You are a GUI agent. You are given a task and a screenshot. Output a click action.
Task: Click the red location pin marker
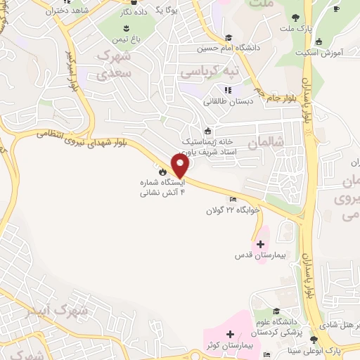pyautogui.click(x=181, y=166)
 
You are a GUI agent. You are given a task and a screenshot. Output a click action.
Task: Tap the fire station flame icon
pyautogui.click(x=163, y=171)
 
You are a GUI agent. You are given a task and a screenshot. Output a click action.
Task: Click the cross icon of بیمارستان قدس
pyautogui.click(x=260, y=244)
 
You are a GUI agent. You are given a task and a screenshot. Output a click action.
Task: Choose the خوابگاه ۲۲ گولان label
pyautogui.click(x=233, y=210)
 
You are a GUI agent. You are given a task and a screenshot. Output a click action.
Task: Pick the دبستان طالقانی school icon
pyautogui.click(x=228, y=89)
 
